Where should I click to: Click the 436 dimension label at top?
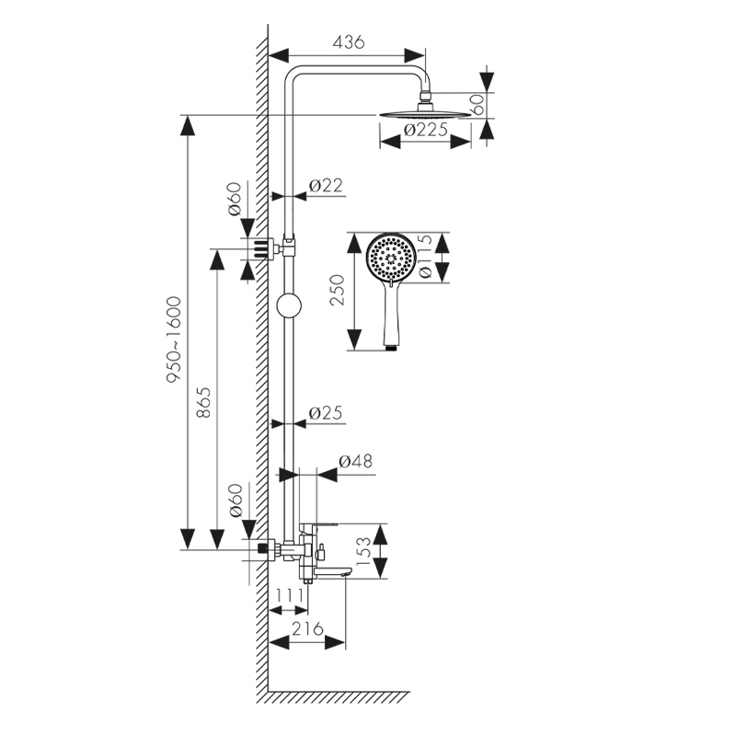tap(349, 41)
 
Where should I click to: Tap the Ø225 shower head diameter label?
tap(426, 130)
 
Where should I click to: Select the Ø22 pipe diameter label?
tap(325, 186)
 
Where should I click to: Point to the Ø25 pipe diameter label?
tap(325, 414)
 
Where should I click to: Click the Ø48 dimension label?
tap(356, 462)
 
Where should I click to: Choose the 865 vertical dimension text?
tap(205, 401)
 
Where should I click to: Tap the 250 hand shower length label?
tap(338, 293)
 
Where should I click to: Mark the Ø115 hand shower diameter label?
tap(426, 258)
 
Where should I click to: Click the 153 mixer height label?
tap(363, 551)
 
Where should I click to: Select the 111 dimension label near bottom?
tap(289, 596)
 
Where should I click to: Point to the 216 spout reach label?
tap(308, 629)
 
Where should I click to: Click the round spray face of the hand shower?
tap(389, 259)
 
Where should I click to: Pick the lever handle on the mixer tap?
tap(318, 526)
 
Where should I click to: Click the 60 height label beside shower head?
tap(477, 103)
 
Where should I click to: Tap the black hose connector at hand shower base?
tap(390, 347)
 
